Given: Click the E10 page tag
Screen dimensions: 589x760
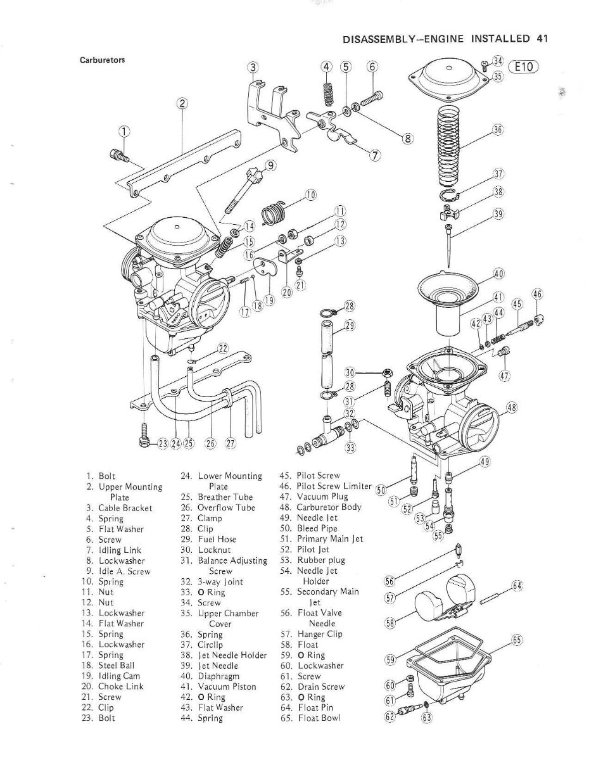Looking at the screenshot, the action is [523, 66].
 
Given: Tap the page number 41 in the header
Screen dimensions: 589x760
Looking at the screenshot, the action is [541, 39].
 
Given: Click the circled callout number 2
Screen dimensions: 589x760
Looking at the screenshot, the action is [182, 103].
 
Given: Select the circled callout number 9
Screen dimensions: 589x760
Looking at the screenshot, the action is [271, 165].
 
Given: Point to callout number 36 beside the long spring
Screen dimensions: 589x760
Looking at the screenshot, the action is [498, 130].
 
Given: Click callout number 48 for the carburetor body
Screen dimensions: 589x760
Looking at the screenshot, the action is [512, 407].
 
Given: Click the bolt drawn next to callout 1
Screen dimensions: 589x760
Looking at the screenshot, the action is [119, 156].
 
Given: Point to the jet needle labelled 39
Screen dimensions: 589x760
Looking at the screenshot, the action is [449, 245].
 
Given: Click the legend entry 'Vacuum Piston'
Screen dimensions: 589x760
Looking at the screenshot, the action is [227, 687].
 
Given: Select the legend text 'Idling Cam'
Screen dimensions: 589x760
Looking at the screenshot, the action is [119, 676].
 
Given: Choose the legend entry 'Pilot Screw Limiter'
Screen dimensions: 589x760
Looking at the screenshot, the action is [334, 486].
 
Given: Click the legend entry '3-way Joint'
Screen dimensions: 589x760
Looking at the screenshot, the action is [220, 582].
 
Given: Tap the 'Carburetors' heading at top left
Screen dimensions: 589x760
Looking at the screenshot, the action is [102, 60].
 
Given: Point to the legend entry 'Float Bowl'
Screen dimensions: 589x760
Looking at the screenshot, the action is [319, 718].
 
